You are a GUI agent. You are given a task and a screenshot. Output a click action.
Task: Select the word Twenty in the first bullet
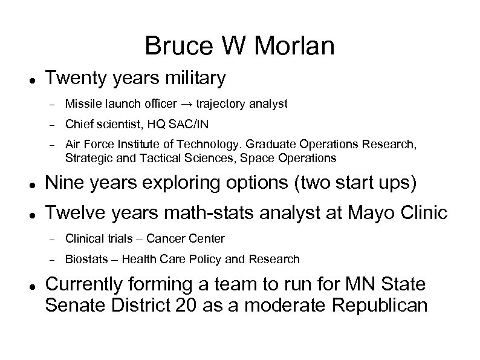[x=73, y=78]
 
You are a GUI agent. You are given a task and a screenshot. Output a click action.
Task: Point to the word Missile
[x=82, y=104]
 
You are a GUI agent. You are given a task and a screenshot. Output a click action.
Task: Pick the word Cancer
[x=167, y=239]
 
